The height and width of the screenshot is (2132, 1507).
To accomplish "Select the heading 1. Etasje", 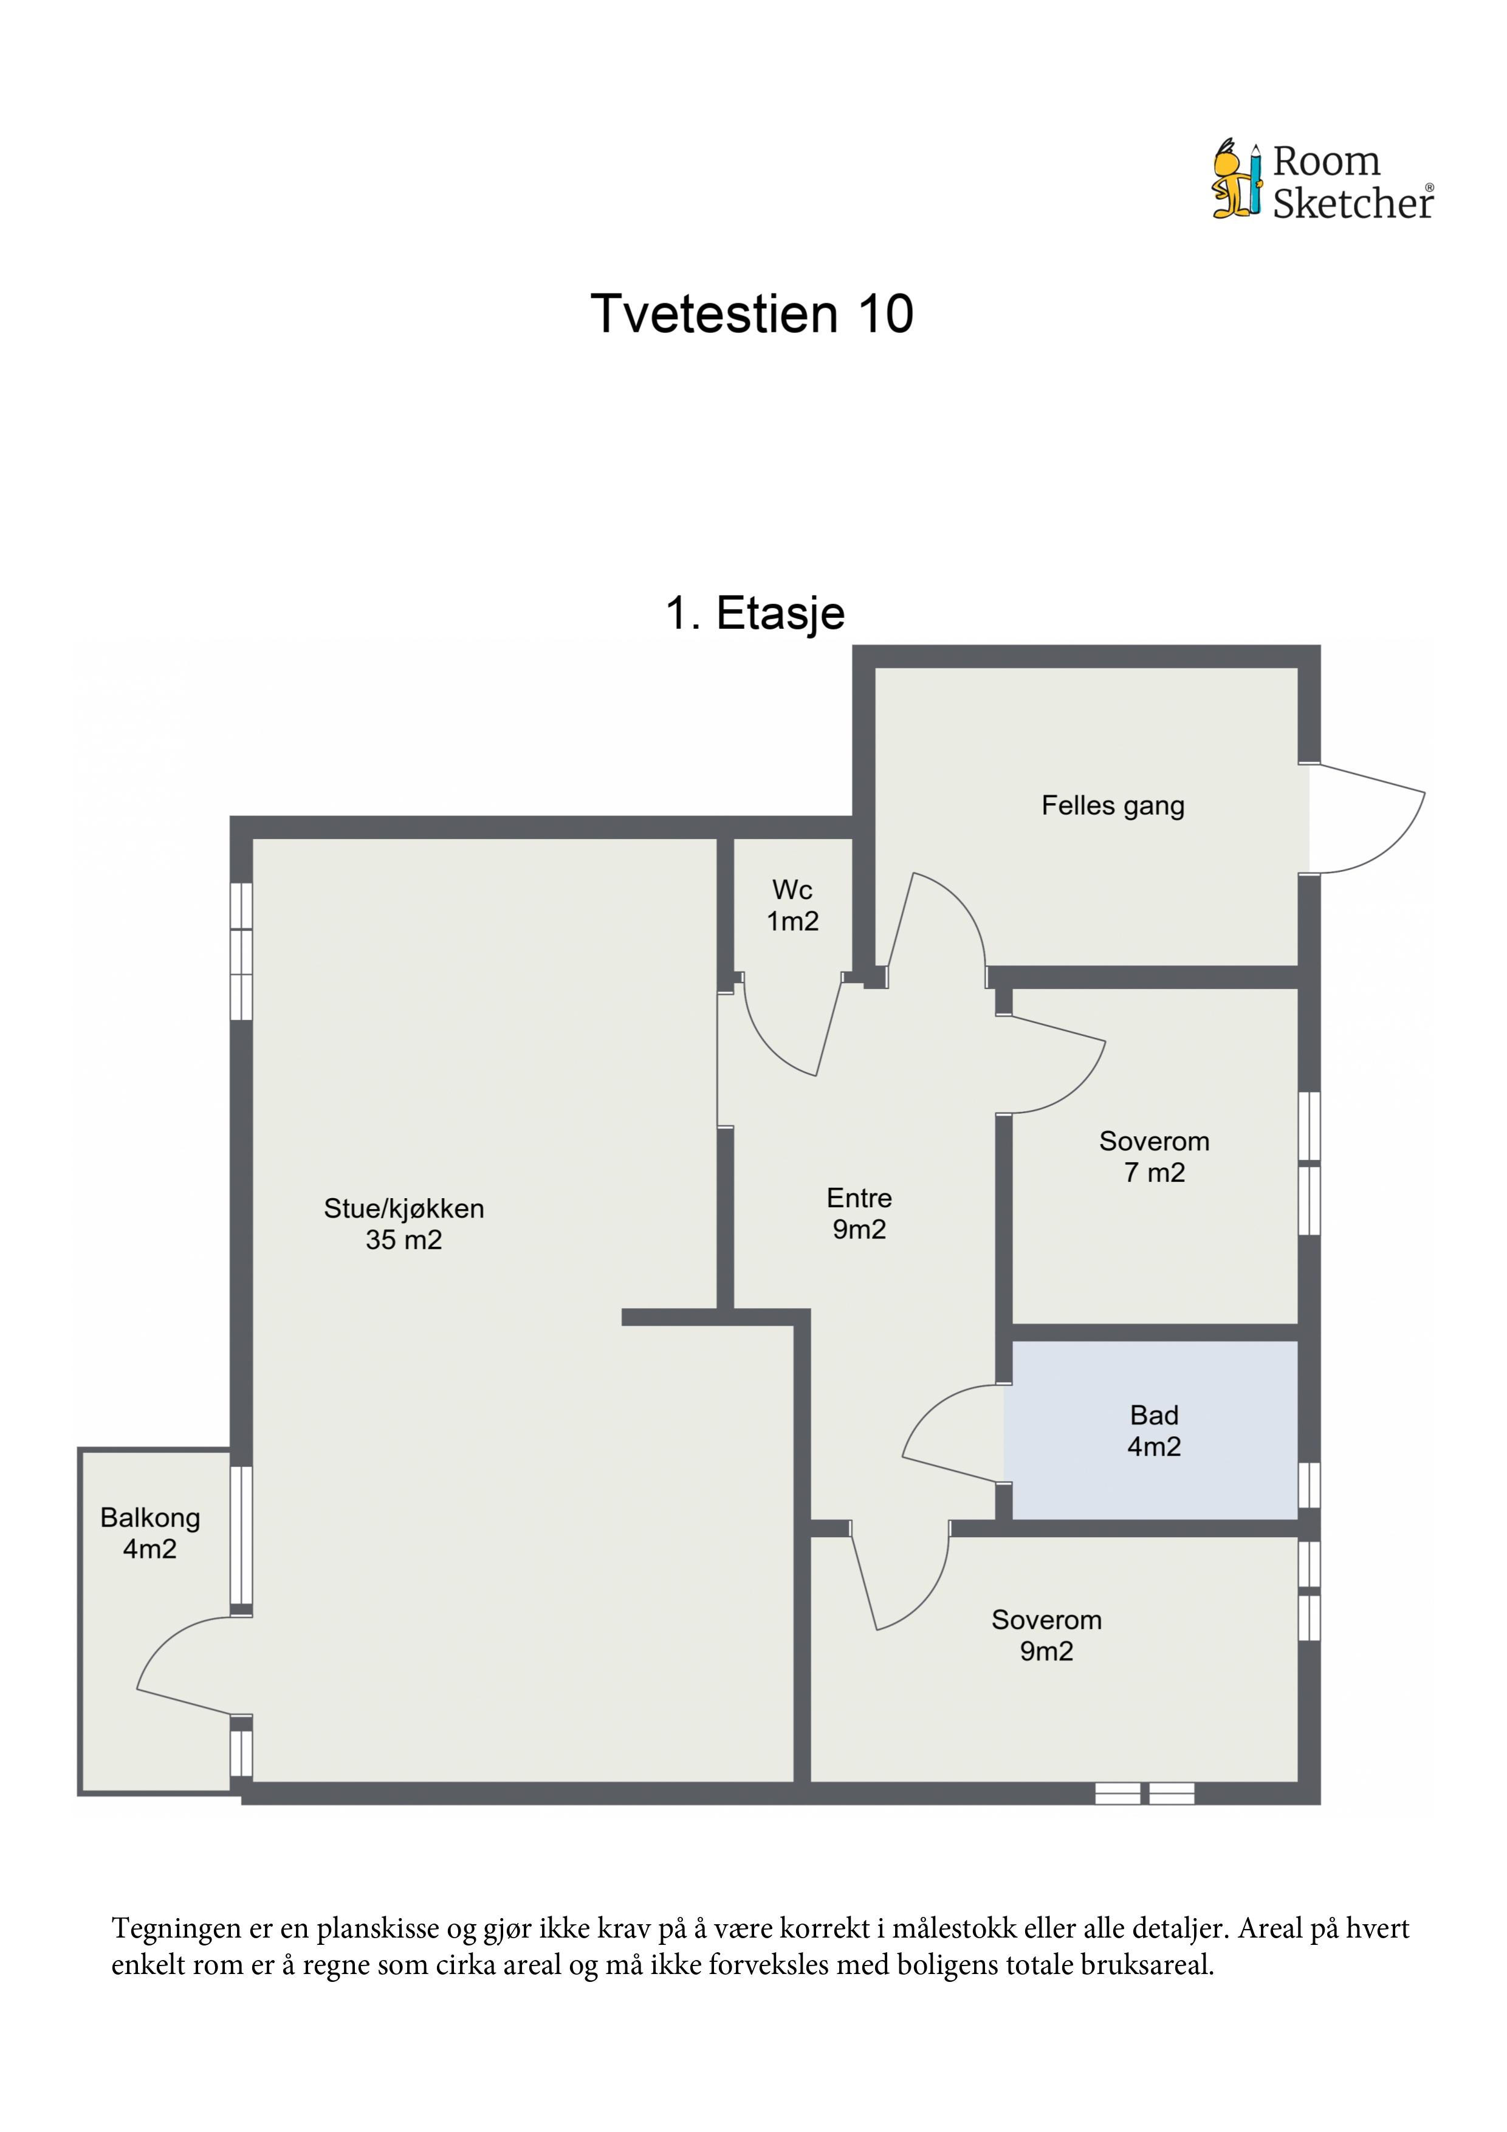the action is pos(755,613).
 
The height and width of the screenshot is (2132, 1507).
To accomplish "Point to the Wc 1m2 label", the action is pos(792,905).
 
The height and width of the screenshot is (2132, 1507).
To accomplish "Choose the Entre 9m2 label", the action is pos(859,1214).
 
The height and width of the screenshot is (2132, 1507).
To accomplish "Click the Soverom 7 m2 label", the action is pos(1154,1157).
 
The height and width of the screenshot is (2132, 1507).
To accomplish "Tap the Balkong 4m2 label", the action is pos(149,1533).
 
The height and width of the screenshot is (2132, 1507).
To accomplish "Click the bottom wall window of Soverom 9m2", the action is pos(1144,1793).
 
